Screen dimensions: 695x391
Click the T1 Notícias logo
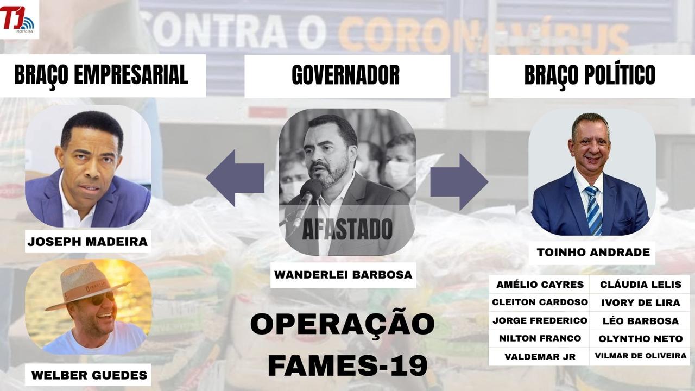(x=18, y=19)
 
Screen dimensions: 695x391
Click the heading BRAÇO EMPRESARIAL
(x=101, y=75)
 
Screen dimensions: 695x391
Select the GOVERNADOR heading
(x=346, y=75)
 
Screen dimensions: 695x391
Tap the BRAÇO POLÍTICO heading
(x=590, y=75)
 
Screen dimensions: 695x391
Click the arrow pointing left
(x=235, y=178)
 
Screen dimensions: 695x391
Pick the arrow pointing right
(x=459, y=181)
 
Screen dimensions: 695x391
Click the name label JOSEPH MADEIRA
(x=88, y=242)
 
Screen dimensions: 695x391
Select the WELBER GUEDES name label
(x=90, y=375)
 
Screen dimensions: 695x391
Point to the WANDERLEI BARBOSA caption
(x=343, y=275)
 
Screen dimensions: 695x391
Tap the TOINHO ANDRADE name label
(x=593, y=253)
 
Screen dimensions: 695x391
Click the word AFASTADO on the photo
(x=347, y=229)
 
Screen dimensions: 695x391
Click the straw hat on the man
(x=87, y=286)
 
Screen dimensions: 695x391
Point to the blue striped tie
(x=594, y=210)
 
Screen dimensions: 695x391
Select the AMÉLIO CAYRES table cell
(x=540, y=285)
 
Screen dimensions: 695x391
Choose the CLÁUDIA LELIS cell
(x=641, y=285)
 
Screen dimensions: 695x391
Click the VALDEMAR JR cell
(x=540, y=357)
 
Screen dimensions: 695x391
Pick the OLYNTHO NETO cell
(x=641, y=339)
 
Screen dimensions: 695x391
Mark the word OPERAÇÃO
(x=342, y=324)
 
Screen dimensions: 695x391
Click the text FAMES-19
(x=347, y=367)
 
